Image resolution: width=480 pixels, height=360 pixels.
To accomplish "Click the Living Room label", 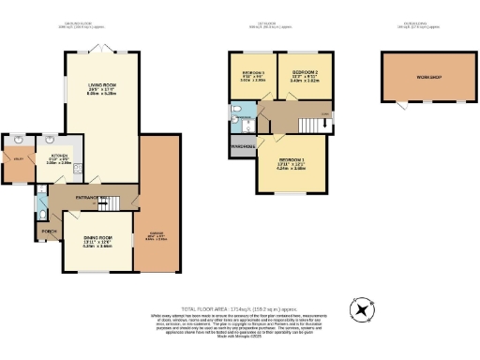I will [102, 83].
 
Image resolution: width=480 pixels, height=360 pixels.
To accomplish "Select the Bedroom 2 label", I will [307, 72].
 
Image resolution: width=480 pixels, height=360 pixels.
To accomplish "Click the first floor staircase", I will [305, 125].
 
